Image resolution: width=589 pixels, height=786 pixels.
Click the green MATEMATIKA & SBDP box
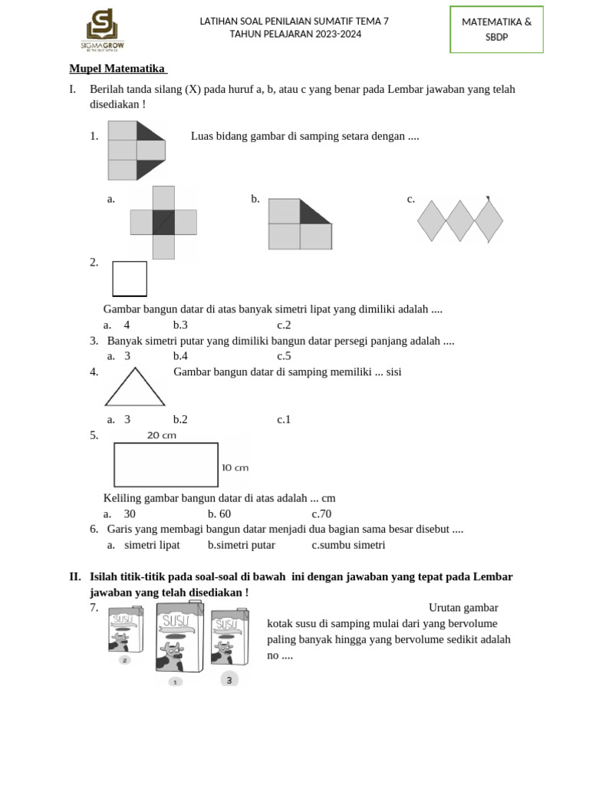pos(496,29)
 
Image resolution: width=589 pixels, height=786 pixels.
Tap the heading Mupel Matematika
pos(117,68)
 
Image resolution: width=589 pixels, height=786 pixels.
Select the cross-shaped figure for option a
pos(163,222)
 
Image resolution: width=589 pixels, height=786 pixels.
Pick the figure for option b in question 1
pos(300,224)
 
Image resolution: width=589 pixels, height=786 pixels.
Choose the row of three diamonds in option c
pos(459,221)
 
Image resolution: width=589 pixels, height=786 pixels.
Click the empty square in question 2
pos(130,278)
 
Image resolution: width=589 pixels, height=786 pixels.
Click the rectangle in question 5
pos(166,466)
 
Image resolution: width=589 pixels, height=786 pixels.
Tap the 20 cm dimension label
pos(162,435)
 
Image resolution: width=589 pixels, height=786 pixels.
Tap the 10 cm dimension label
pos(235,467)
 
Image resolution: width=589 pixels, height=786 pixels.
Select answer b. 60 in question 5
pos(219,514)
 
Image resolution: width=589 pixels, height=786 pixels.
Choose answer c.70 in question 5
pos(321,514)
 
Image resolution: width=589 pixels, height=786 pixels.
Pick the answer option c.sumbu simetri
pos(348,545)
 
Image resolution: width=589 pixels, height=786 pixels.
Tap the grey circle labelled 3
pos(229,679)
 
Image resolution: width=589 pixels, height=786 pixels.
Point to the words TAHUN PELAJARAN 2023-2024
pos(295,35)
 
